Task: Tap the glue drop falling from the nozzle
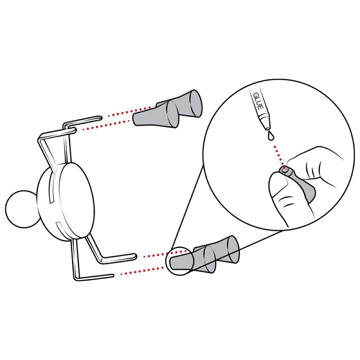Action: click(x=271, y=135)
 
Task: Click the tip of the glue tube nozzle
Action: click(x=268, y=128)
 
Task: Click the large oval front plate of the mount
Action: click(x=76, y=200)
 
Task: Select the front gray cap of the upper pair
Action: click(x=156, y=115)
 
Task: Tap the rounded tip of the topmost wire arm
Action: click(x=100, y=118)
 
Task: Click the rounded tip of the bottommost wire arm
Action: click(x=112, y=275)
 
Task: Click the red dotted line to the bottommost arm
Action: click(x=140, y=271)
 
